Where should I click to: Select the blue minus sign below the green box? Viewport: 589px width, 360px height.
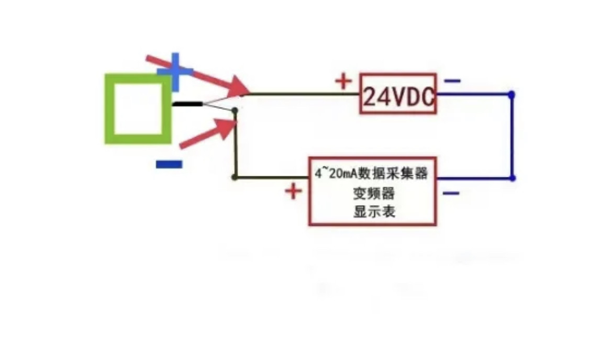[x=169, y=164]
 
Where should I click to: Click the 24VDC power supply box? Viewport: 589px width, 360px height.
[x=398, y=94]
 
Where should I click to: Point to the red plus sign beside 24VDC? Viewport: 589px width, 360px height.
[x=343, y=81]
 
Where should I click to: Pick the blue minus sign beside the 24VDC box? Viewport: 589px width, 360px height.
[x=452, y=81]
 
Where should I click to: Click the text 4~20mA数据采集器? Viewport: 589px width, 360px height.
[x=371, y=174]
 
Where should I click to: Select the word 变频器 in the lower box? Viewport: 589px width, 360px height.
[x=373, y=193]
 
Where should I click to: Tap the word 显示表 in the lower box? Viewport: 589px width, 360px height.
[x=373, y=211]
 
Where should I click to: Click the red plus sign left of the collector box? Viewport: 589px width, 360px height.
[x=294, y=192]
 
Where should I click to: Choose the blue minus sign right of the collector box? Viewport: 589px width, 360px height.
[x=451, y=194]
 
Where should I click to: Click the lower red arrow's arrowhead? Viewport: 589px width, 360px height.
[x=228, y=128]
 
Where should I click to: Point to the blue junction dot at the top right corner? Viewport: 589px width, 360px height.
[x=512, y=94]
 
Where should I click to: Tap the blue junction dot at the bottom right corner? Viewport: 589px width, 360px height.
[x=512, y=178]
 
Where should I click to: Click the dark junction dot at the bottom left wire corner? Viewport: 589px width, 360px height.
[x=235, y=177]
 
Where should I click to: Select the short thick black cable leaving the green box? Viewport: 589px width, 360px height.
[x=187, y=104]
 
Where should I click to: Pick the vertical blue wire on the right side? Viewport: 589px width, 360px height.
[x=512, y=136]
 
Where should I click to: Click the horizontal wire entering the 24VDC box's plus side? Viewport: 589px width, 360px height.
[x=304, y=94]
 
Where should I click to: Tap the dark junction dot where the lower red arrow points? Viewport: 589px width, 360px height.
[x=235, y=110]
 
